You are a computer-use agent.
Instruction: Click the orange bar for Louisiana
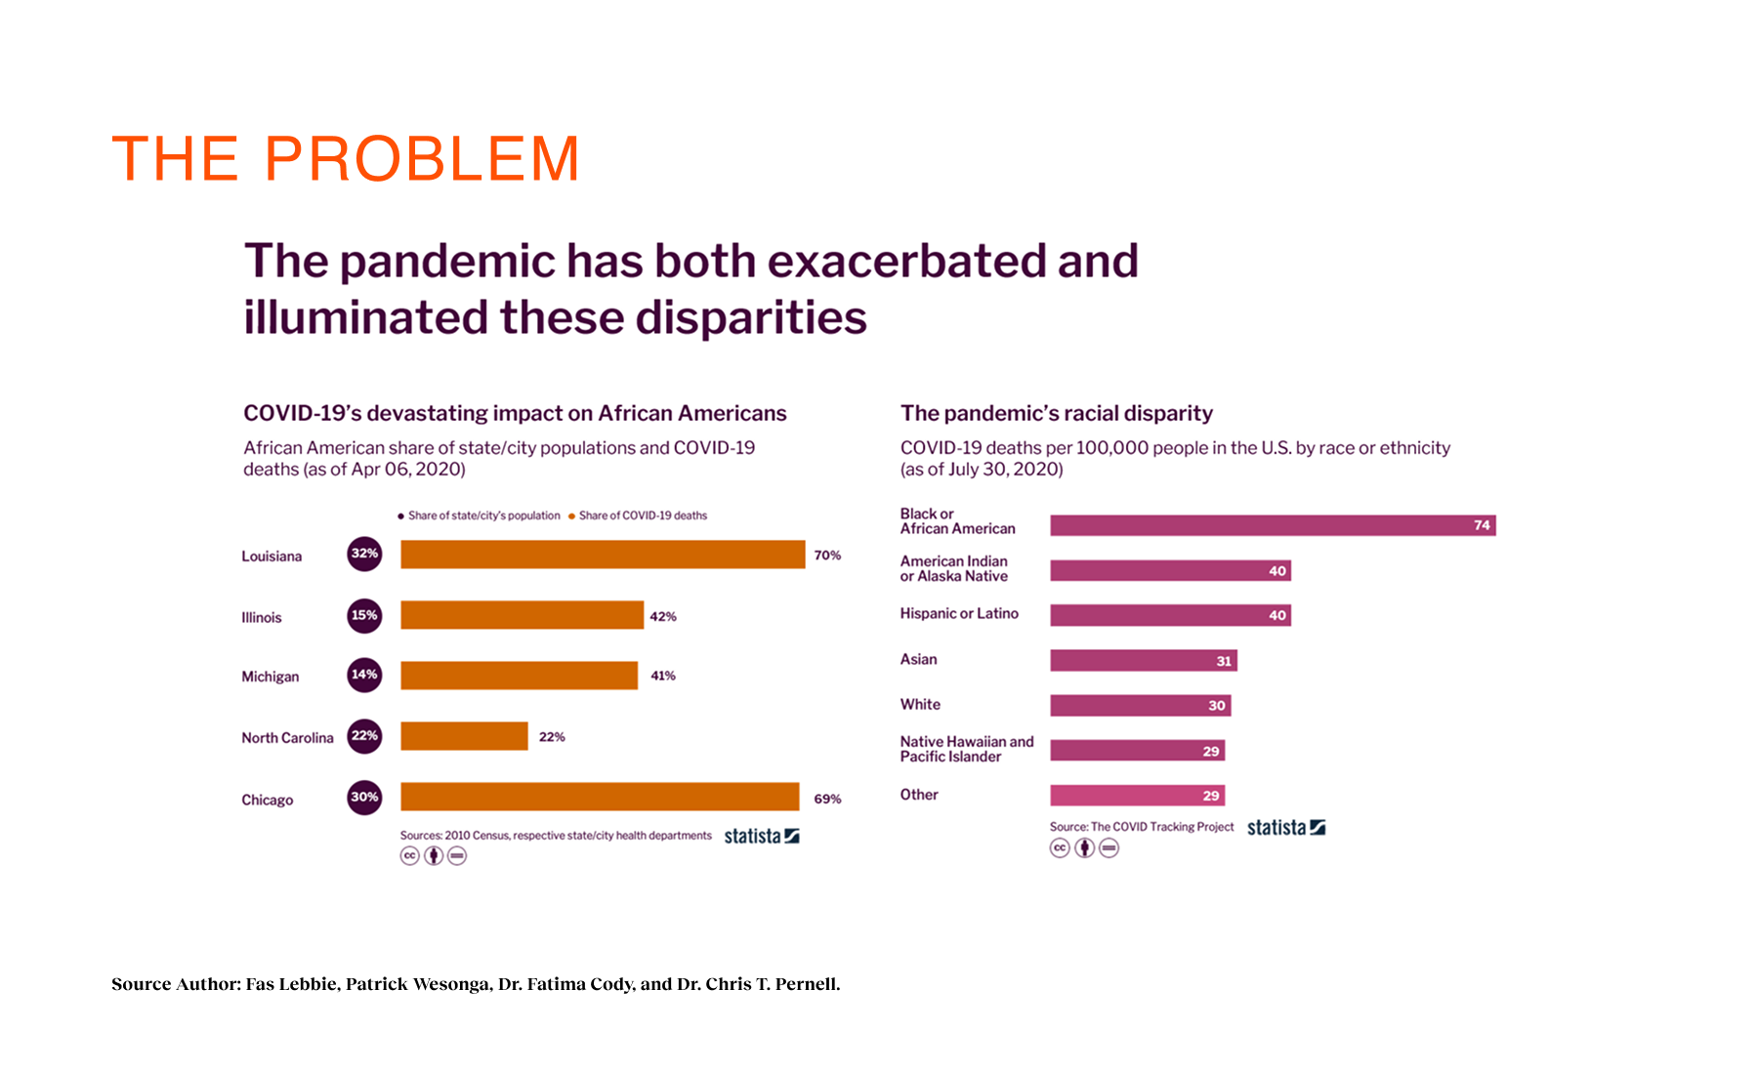click(603, 555)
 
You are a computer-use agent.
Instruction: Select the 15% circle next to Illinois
click(364, 615)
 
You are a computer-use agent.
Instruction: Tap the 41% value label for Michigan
click(663, 676)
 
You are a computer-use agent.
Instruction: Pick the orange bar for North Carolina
click(464, 736)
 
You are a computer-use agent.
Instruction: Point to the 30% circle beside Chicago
click(364, 797)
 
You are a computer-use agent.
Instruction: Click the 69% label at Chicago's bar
click(827, 799)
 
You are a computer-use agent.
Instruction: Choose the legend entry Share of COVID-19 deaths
click(642, 515)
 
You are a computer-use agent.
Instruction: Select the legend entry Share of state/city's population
click(482, 515)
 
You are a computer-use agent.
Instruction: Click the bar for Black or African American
click(1272, 525)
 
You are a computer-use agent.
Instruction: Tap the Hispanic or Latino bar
click(1170, 615)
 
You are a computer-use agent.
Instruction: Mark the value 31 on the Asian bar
click(1224, 661)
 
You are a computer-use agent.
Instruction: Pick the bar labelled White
click(1140, 705)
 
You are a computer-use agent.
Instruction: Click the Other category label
click(919, 795)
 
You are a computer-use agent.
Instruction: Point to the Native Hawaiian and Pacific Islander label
click(966, 749)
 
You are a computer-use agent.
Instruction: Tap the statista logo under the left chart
click(762, 836)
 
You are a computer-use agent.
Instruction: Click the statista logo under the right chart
click(1285, 828)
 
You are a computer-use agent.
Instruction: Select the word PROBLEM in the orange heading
click(422, 159)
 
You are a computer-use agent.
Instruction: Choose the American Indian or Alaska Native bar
click(1170, 570)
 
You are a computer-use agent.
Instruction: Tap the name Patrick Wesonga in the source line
click(417, 984)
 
